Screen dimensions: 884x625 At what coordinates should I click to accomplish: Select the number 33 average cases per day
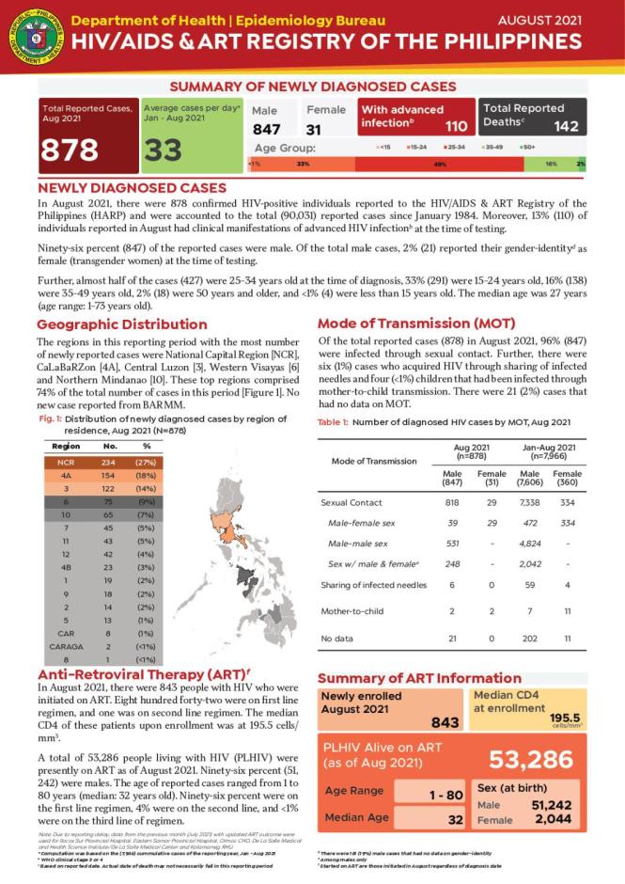point(164,150)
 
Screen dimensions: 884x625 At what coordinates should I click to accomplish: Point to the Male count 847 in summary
point(266,129)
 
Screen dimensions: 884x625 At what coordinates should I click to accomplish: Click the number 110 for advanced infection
point(455,126)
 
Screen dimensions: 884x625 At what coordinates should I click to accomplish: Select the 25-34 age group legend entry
point(456,147)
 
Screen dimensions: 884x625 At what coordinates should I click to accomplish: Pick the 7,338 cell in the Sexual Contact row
point(529,503)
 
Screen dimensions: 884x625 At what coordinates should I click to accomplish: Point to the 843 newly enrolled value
point(443,721)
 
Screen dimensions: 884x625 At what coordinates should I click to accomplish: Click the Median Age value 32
point(456,818)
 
